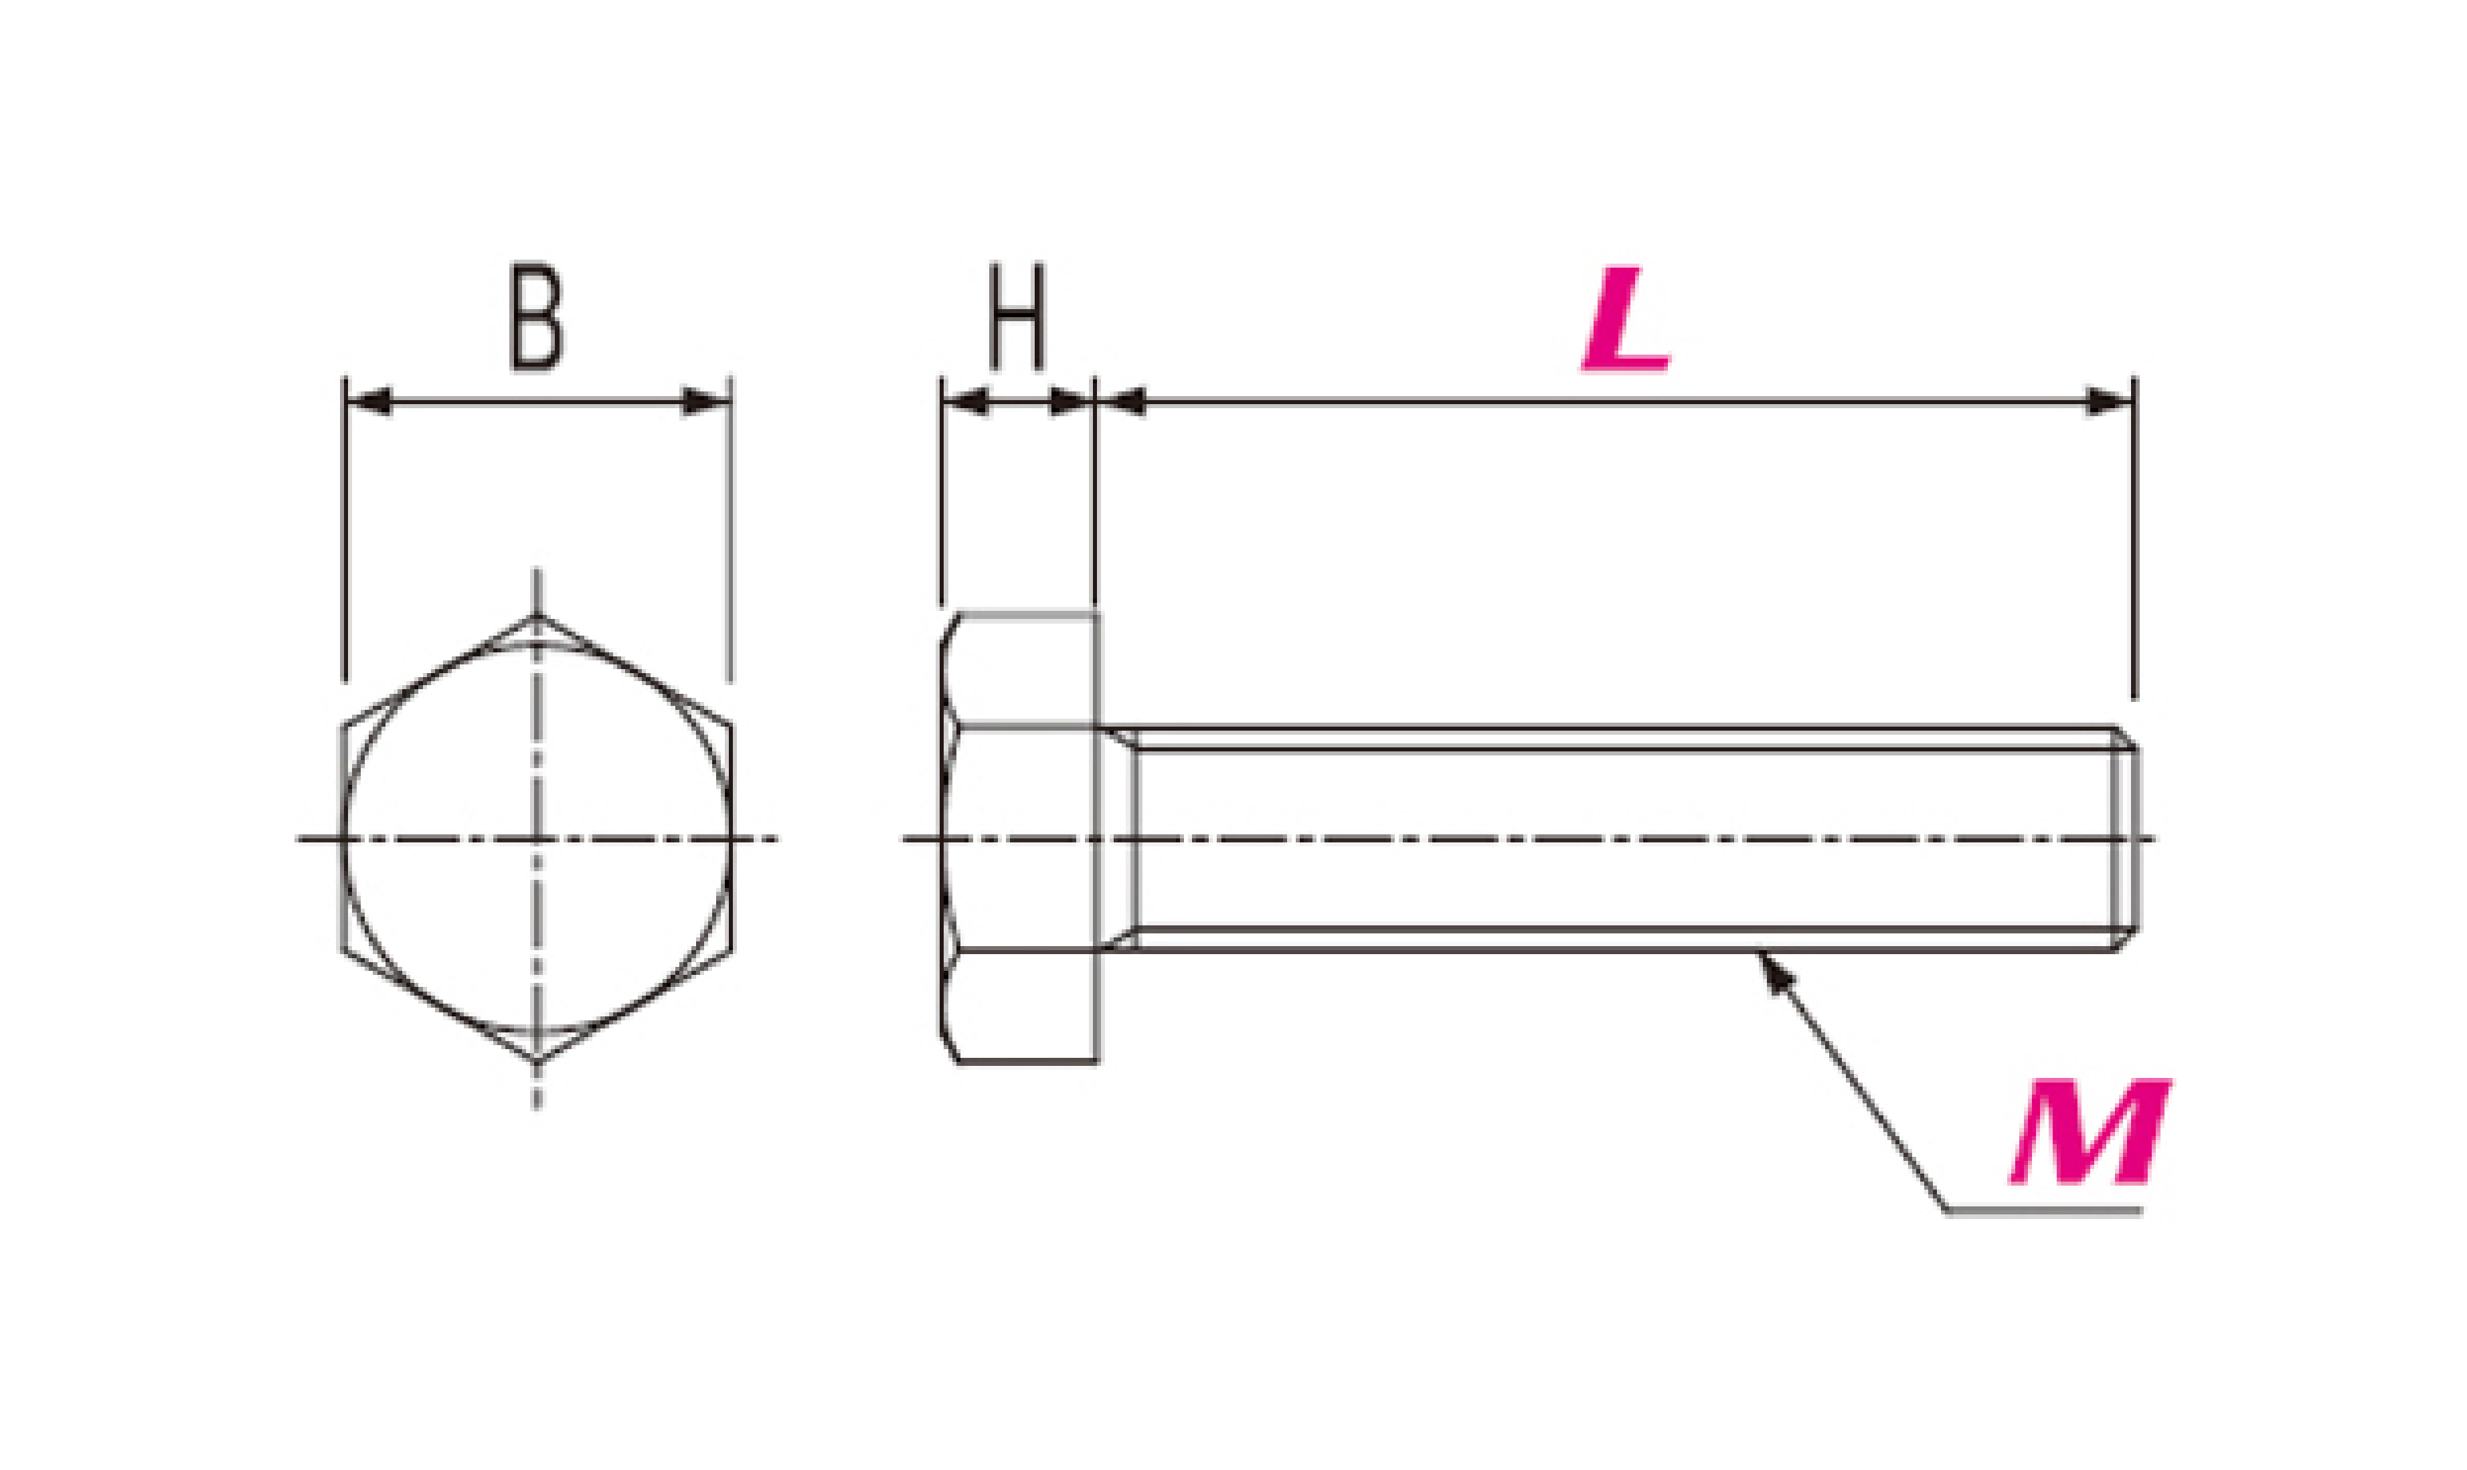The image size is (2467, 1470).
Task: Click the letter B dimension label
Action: (x=536, y=317)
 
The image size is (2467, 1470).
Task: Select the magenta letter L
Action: (x=1625, y=319)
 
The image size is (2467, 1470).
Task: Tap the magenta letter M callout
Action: (x=2090, y=1131)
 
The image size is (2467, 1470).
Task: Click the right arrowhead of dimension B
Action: (x=706, y=402)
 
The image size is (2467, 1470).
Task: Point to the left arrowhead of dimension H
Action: (x=965, y=402)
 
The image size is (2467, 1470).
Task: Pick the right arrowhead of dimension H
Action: (x=1071, y=402)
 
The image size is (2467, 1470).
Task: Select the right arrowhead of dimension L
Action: (x=2110, y=402)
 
